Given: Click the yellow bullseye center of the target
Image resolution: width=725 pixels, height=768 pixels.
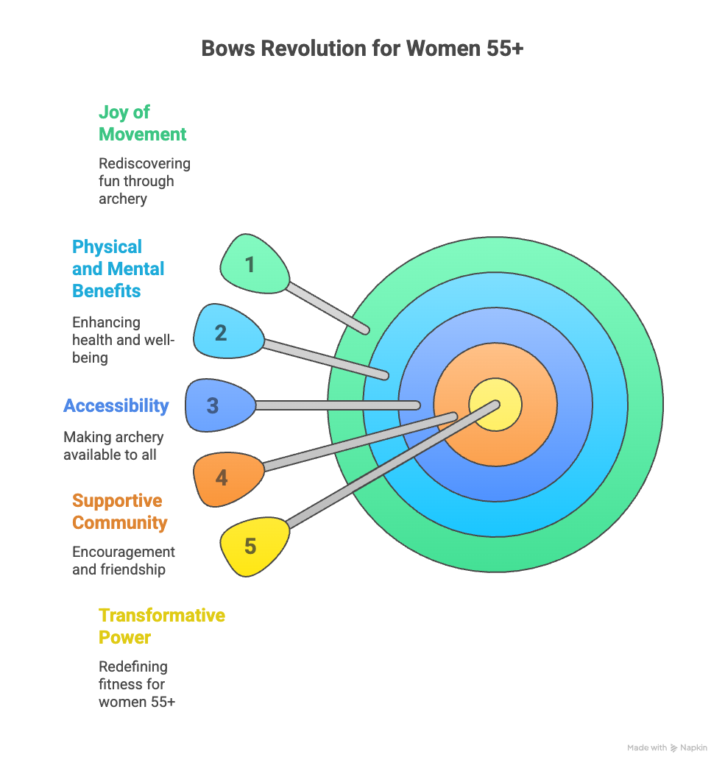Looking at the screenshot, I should (495, 405).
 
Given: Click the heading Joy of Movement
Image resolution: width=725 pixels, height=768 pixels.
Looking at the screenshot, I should (142, 123).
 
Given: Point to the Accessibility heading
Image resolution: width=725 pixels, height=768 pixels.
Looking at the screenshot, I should (116, 405).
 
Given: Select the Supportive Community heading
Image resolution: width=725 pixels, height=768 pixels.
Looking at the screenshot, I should (120, 511).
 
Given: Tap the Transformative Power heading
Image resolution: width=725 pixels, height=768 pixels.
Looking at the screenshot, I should (162, 625).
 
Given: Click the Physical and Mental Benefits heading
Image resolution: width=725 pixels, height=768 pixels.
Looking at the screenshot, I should (118, 269).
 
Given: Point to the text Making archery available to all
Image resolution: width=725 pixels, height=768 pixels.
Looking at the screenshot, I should (113, 446).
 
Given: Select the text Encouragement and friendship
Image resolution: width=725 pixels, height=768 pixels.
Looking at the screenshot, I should (124, 561).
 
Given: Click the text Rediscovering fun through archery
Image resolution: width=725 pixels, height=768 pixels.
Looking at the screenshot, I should (144, 181).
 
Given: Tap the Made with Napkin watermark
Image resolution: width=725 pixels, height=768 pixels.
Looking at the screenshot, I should (666, 747).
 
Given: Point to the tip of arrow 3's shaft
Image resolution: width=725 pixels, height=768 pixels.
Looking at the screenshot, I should (417, 405).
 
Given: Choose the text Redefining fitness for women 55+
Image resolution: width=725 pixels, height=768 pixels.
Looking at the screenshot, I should (137, 684).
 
